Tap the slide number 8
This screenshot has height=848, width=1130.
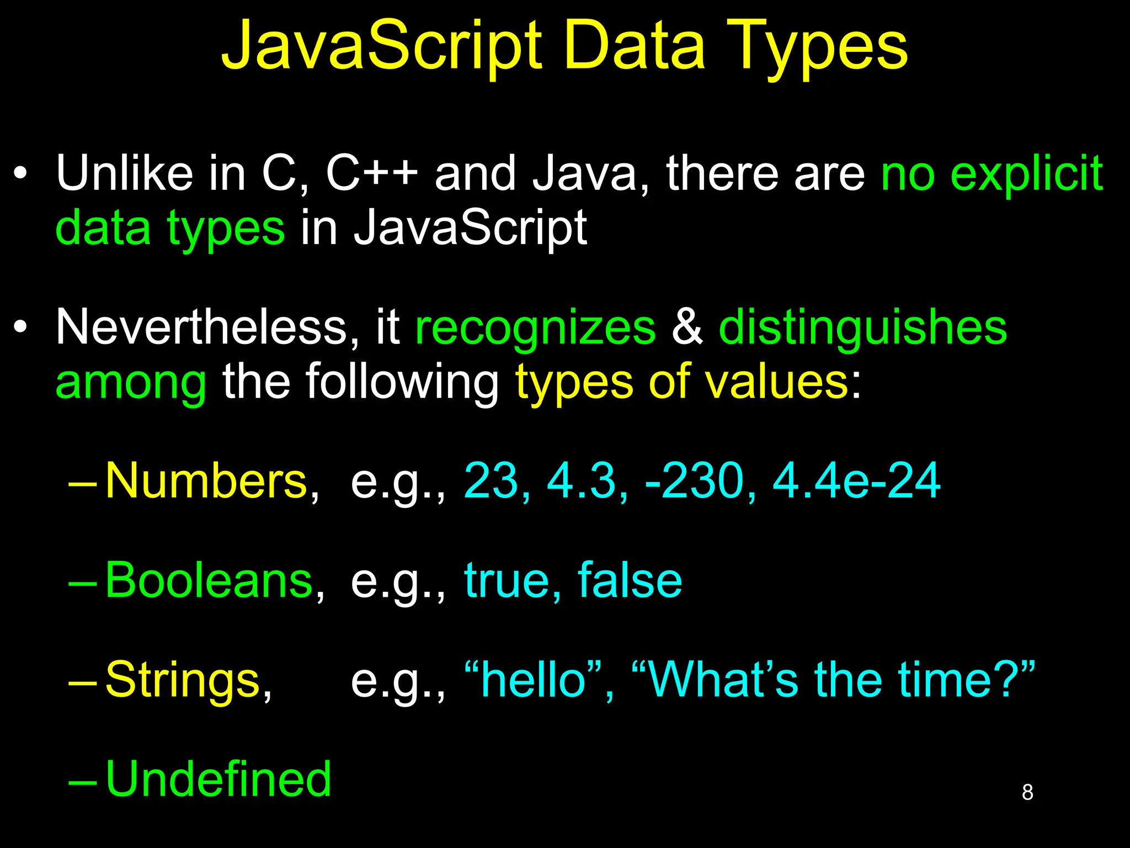pos(1027,792)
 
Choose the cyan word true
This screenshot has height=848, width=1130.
pos(507,581)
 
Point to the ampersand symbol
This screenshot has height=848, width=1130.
pos(687,327)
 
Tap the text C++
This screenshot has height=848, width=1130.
pos(372,173)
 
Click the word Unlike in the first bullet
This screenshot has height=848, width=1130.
pos(124,173)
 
